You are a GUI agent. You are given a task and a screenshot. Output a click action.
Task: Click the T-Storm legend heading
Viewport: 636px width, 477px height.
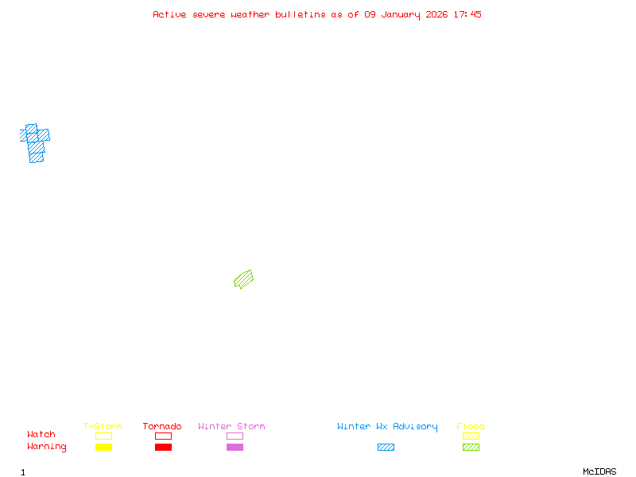pos(103,427)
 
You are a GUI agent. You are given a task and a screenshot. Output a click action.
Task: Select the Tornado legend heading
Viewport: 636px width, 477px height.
pos(162,427)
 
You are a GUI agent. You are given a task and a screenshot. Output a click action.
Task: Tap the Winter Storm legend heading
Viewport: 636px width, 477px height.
pos(231,427)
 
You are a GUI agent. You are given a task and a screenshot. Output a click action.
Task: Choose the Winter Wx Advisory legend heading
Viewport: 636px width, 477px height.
pos(387,427)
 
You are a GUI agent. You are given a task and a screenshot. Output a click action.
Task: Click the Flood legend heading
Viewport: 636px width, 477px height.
pos(471,427)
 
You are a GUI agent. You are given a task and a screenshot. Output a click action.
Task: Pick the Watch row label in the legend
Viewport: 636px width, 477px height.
pos(41,435)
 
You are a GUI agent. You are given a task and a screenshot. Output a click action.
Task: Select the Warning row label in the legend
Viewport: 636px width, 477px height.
pos(47,447)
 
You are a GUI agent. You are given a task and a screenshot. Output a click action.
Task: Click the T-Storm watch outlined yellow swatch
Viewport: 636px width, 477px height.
pos(103,436)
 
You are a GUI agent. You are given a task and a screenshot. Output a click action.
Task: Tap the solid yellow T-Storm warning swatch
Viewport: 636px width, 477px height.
pos(103,447)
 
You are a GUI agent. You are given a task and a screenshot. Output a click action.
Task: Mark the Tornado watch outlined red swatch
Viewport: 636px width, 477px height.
pos(163,436)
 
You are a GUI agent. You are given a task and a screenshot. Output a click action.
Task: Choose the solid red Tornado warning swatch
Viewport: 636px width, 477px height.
pos(163,447)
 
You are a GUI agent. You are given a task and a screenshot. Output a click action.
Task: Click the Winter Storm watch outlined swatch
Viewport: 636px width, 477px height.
pos(235,436)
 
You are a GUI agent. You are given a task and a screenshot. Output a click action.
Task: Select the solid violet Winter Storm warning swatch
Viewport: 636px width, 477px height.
pos(235,447)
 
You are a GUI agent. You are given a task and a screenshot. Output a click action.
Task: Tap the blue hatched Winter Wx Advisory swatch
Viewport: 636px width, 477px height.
pos(386,447)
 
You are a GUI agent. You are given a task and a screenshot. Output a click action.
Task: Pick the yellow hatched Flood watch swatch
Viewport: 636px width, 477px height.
pos(471,436)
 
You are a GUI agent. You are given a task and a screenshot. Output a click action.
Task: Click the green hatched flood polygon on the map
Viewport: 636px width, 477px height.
pos(243,279)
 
